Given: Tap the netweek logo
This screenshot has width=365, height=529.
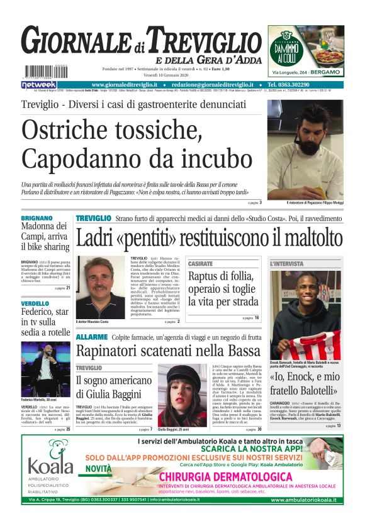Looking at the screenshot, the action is click(x=38, y=84).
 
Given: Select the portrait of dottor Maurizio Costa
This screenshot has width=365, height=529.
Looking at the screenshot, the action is click(x=100, y=287).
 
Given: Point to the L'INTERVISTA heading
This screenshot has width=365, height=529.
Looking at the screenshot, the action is click(x=286, y=264).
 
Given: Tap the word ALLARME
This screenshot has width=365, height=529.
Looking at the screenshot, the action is click(x=92, y=337).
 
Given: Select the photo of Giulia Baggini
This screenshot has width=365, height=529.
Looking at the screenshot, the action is click(x=182, y=394).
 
